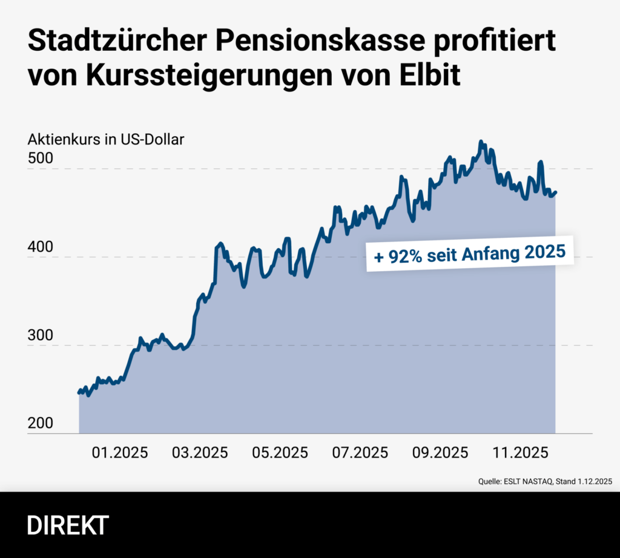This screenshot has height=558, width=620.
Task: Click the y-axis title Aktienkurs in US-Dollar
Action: click(106, 139)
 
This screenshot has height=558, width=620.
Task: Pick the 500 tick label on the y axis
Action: click(40, 159)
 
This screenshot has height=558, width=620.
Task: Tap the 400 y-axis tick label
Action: click(40, 248)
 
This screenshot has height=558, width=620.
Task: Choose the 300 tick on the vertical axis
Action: click(40, 336)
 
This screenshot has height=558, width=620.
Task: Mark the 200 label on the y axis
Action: click(40, 424)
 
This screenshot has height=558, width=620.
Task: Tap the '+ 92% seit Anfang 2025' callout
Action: click(470, 253)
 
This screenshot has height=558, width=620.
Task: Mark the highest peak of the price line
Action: click(481, 142)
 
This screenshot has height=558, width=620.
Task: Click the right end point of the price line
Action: click(556, 192)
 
